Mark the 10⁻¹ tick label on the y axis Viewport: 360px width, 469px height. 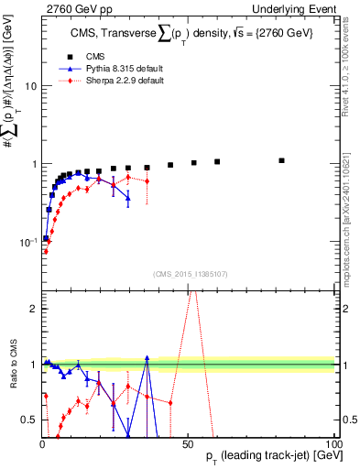27,242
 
